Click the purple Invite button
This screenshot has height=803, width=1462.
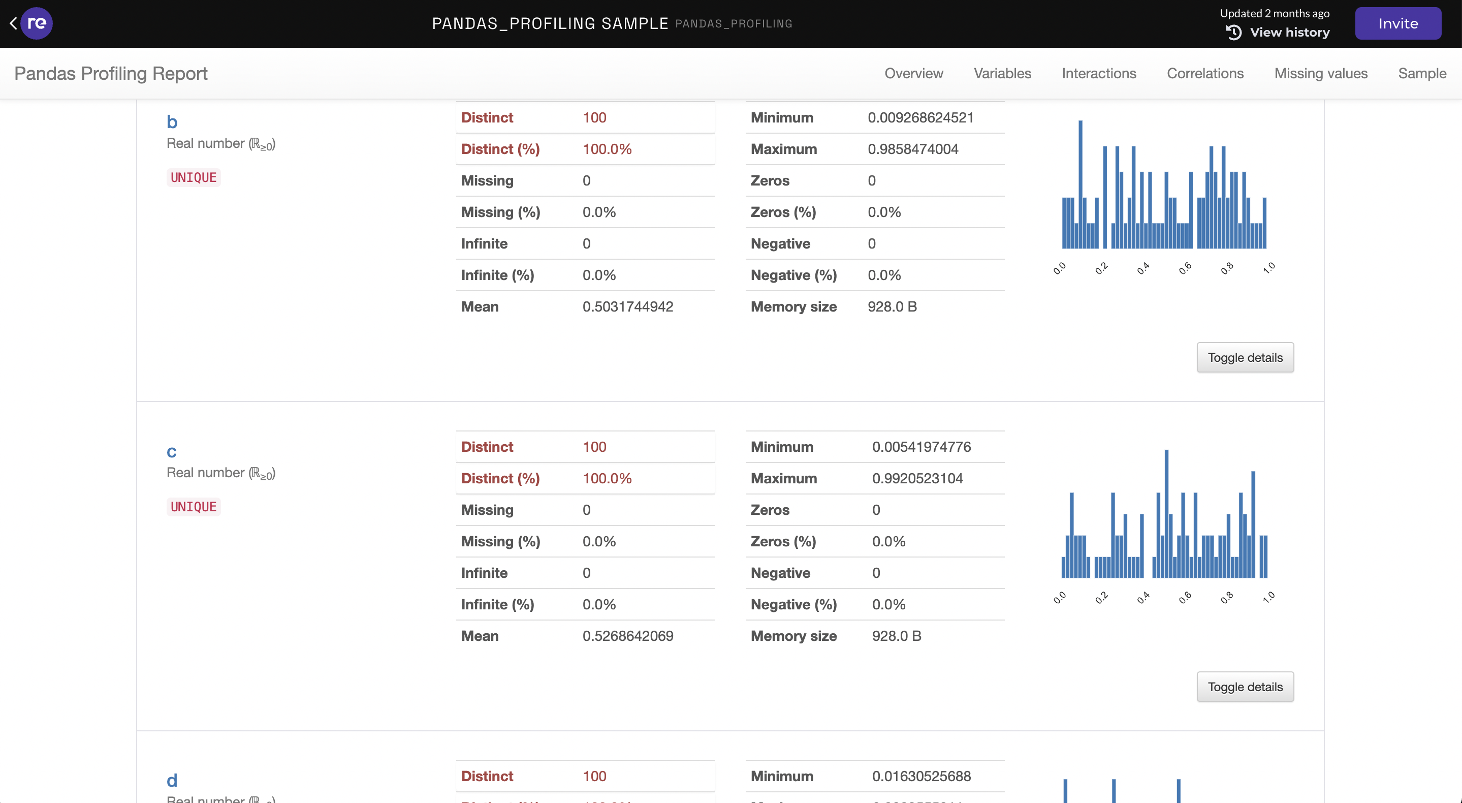pos(1397,23)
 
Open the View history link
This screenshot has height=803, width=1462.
pos(1289,33)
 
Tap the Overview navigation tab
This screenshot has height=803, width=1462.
pos(913,73)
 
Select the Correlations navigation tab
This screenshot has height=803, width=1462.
pos(1205,73)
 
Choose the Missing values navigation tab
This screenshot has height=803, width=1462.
pos(1321,73)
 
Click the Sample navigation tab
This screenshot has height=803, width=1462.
pos(1422,73)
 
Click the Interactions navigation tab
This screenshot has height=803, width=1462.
pos(1099,73)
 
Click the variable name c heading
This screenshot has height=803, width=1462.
pos(171,451)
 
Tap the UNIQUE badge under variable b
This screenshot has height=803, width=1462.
pos(194,178)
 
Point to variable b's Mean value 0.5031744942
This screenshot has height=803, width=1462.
pos(628,306)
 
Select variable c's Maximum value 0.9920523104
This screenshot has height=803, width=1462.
pos(917,478)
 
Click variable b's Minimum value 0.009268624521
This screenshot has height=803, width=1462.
pos(920,117)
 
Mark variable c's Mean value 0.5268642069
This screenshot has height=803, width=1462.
pos(628,636)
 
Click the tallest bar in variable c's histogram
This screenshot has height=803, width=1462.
pos(1166,514)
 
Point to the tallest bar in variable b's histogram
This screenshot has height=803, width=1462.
pos(1080,184)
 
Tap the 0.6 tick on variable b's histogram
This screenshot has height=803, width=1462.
pos(1185,268)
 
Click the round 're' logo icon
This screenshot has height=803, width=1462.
pos(37,23)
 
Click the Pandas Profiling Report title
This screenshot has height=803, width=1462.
pos(111,73)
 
